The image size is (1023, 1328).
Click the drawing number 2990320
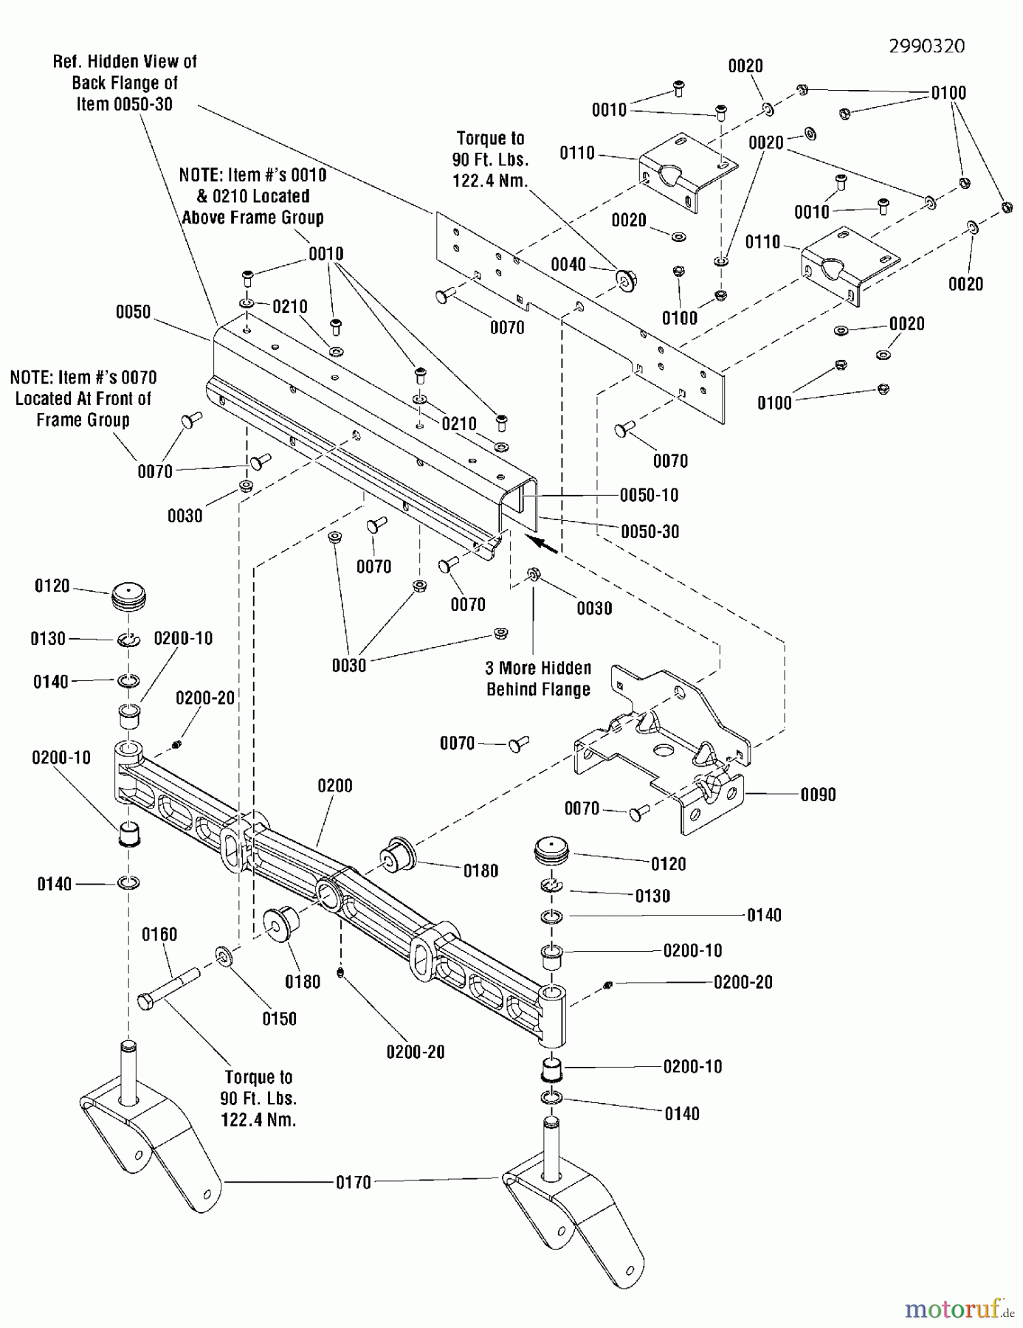pos(926,46)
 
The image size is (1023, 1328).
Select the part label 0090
pos(818,795)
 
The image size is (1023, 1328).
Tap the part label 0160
pos(159,935)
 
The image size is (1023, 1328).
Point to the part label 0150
pos(279,1018)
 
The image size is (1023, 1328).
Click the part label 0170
pos(353,1183)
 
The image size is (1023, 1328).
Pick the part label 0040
pos(568,265)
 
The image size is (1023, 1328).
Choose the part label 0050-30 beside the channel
pos(650,531)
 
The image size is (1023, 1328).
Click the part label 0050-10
pos(649,495)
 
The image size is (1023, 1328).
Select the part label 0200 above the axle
pos(334,786)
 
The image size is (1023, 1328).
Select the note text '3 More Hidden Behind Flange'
pos(538,679)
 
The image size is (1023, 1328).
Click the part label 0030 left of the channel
pos(185,516)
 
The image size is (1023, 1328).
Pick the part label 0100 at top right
pos(948,93)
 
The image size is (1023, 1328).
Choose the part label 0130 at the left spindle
pos(48,638)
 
